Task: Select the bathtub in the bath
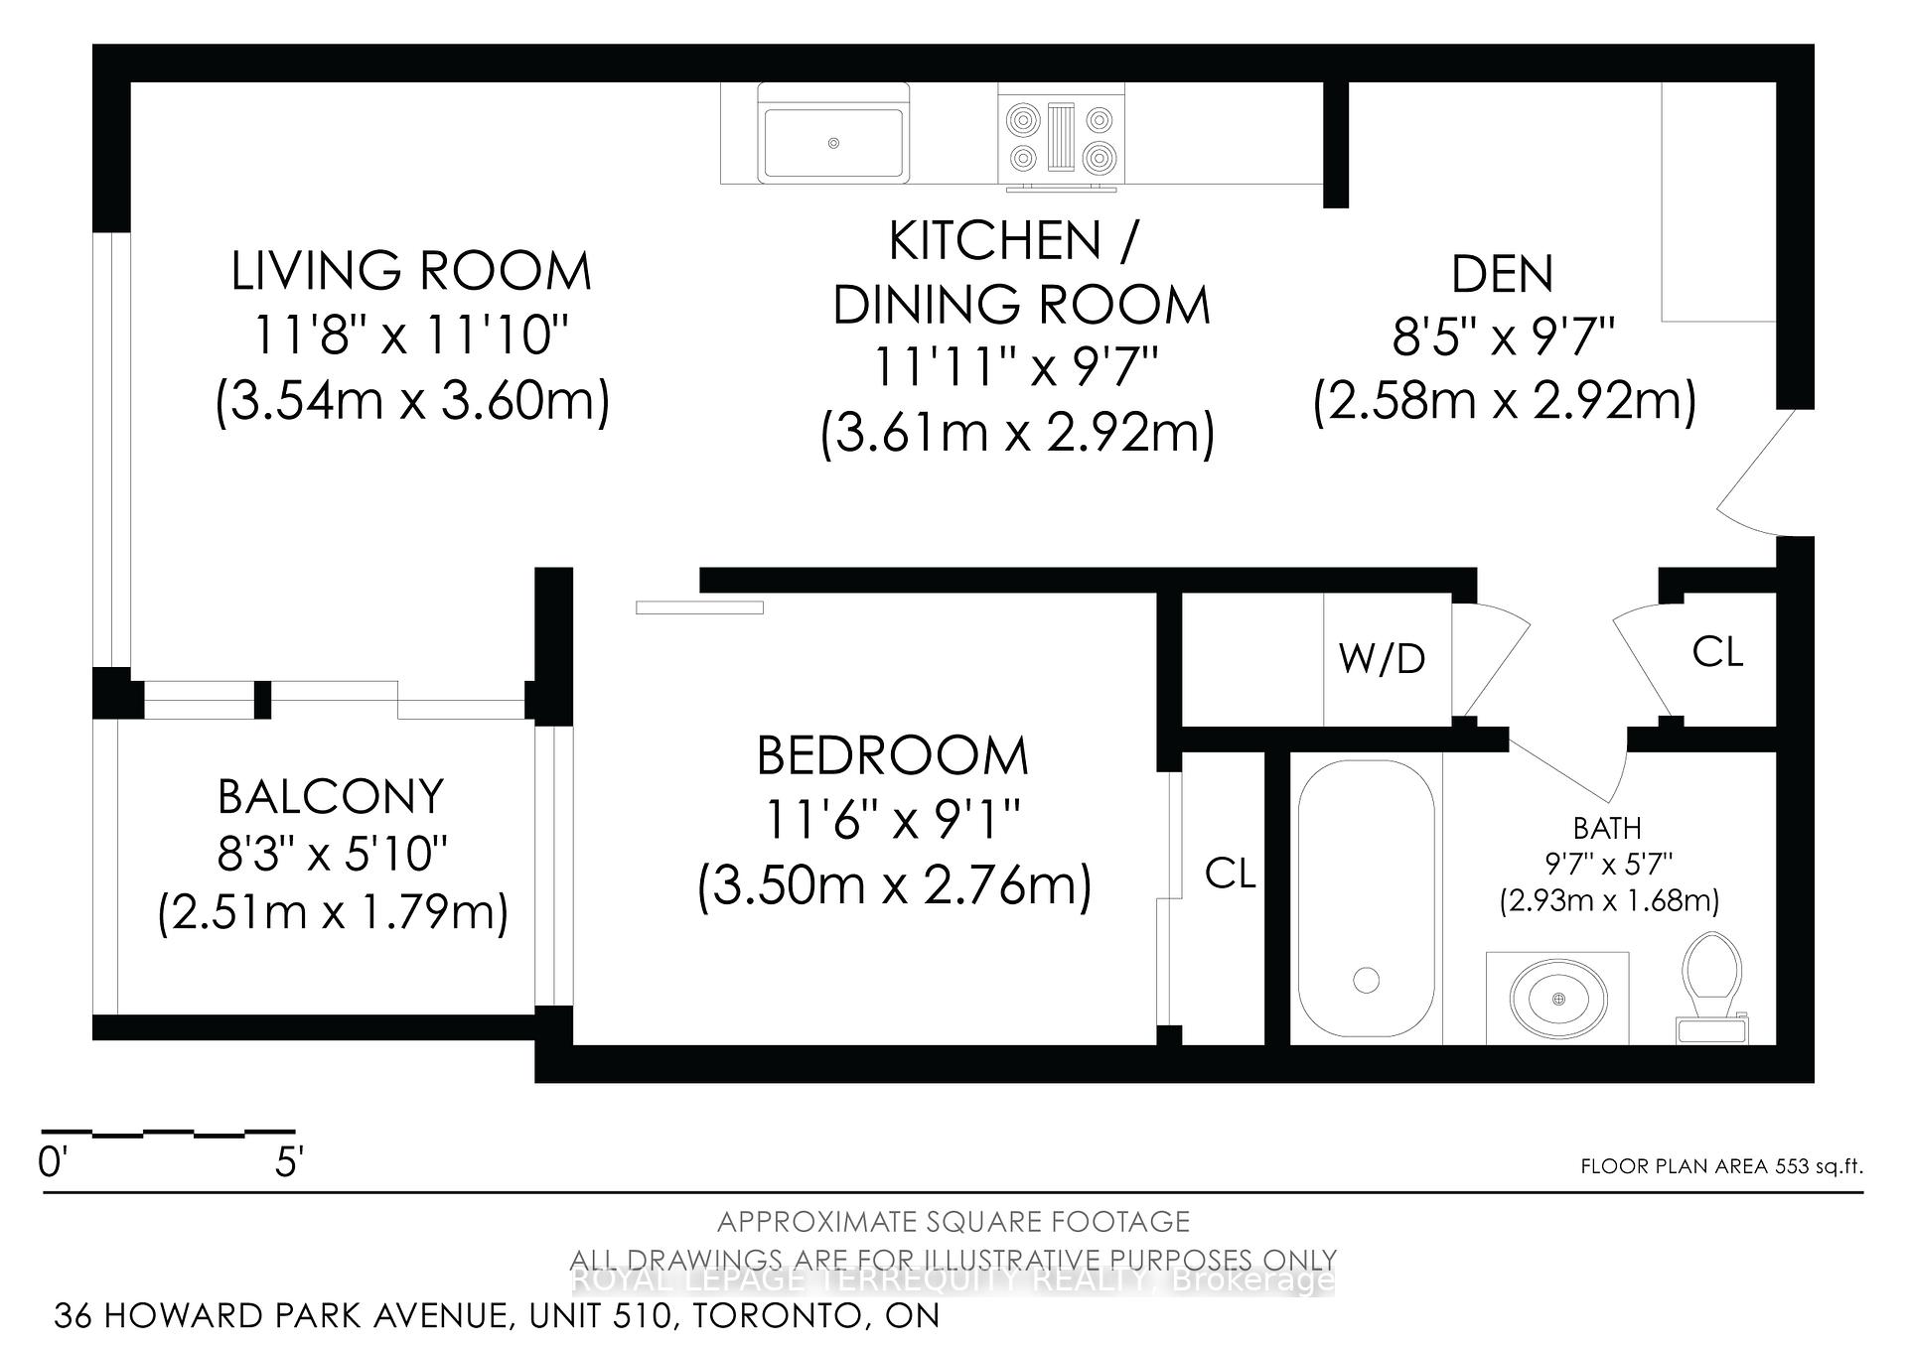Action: pyautogui.click(x=1367, y=899)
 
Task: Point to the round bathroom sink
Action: pyautogui.click(x=1557, y=997)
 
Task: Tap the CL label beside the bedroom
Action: pyautogui.click(x=1230, y=874)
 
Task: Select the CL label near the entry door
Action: pyautogui.click(x=1717, y=652)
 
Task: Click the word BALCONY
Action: pyautogui.click(x=331, y=796)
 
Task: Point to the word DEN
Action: pyautogui.click(x=1502, y=275)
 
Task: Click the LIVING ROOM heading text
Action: pyautogui.click(x=411, y=272)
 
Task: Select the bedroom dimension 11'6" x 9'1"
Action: pyautogui.click(x=892, y=820)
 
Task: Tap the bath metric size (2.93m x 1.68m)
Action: pyautogui.click(x=1608, y=900)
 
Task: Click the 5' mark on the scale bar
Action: pyautogui.click(x=288, y=1161)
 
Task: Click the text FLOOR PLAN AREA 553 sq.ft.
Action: pyautogui.click(x=1721, y=1166)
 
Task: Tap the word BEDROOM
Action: pyautogui.click(x=892, y=756)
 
